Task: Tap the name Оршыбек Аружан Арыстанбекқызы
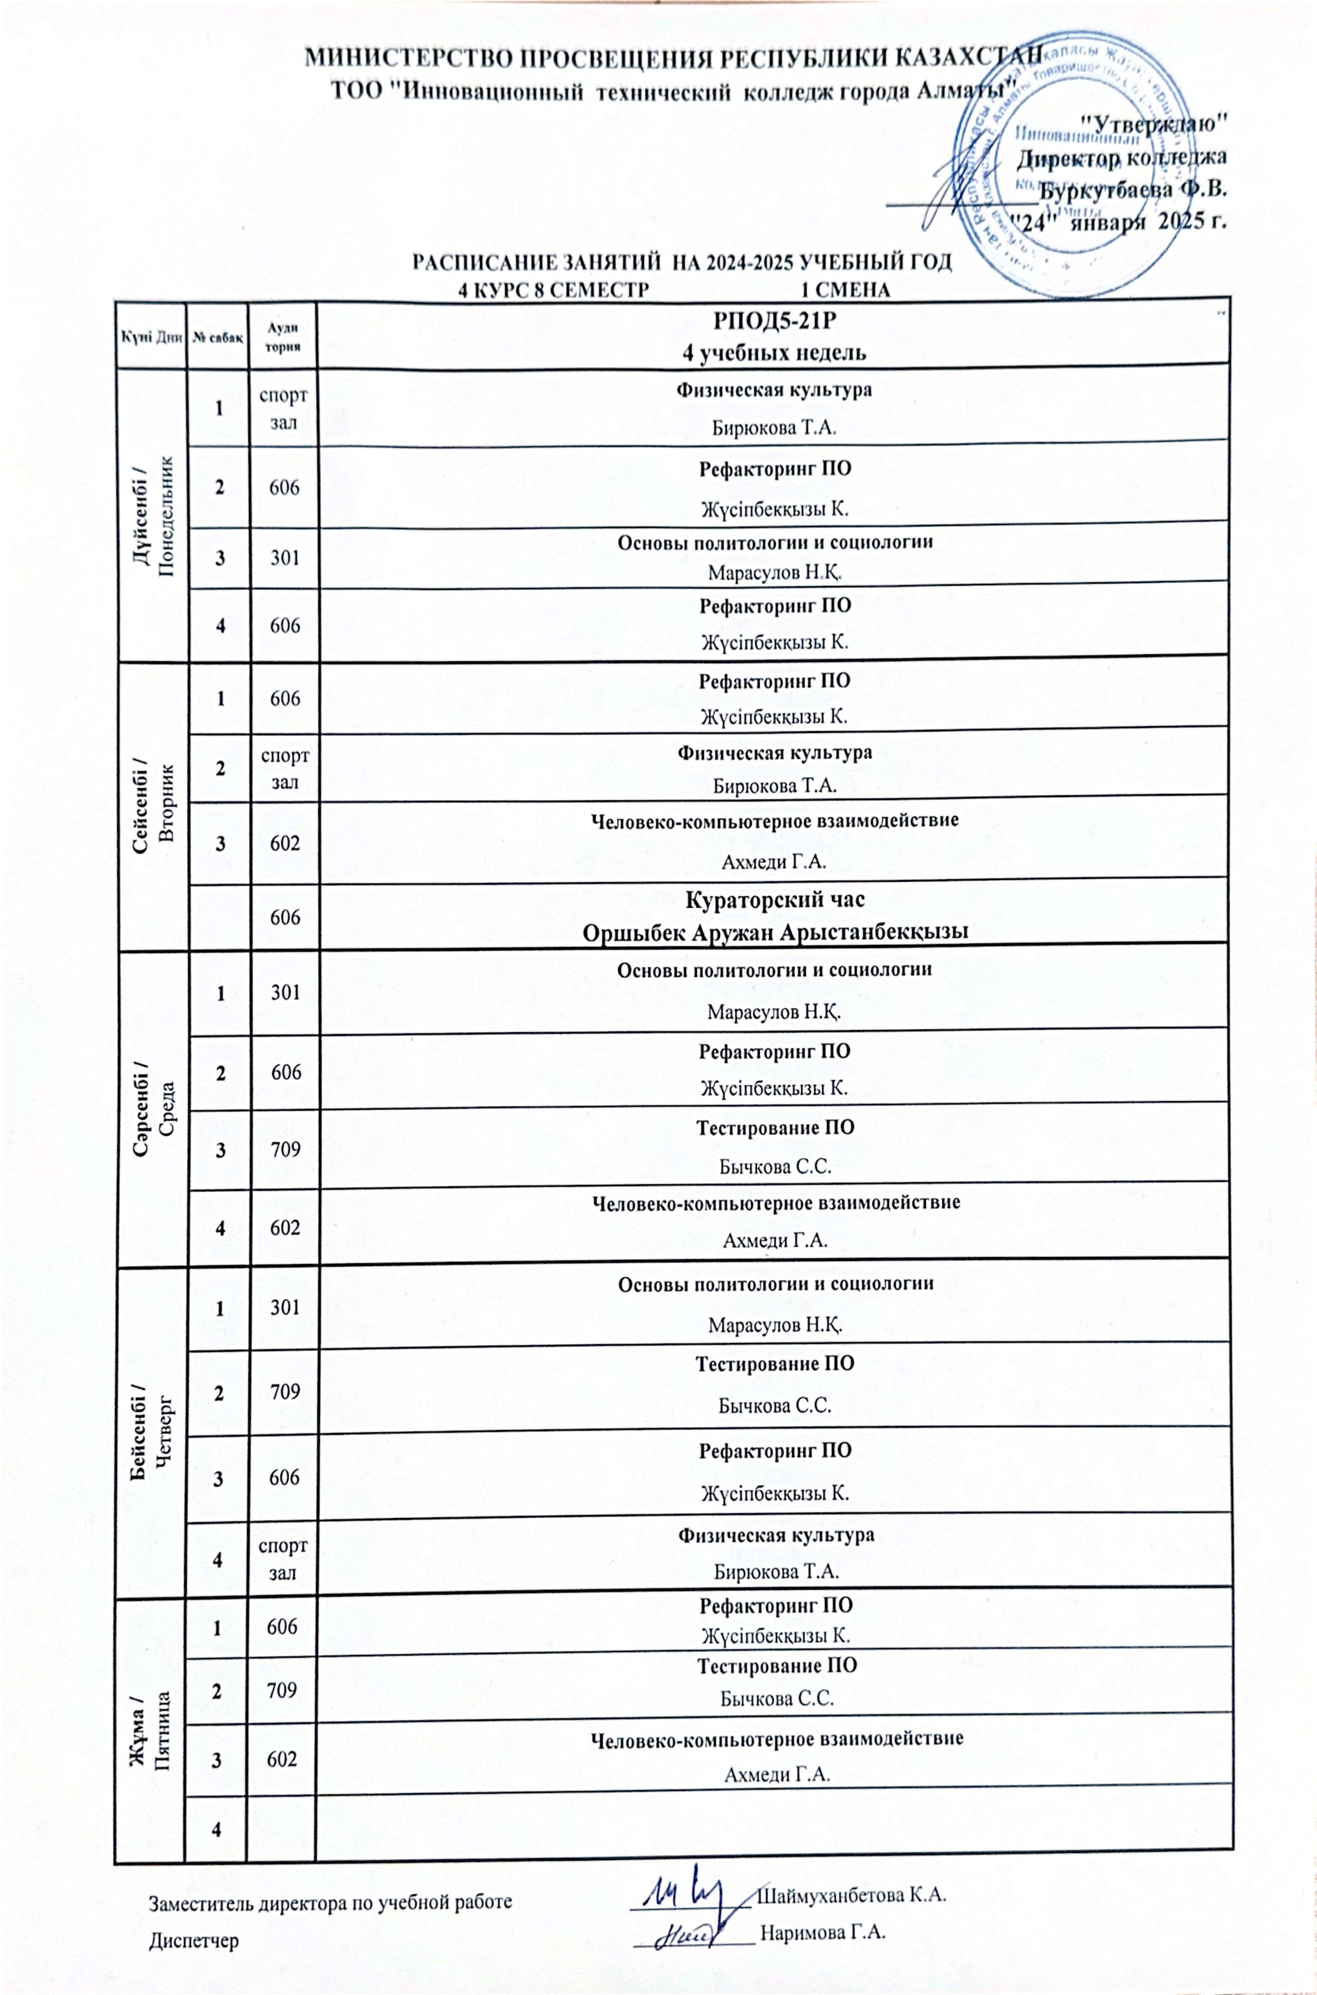pos(774,931)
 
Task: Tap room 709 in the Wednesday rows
pos(285,1147)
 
